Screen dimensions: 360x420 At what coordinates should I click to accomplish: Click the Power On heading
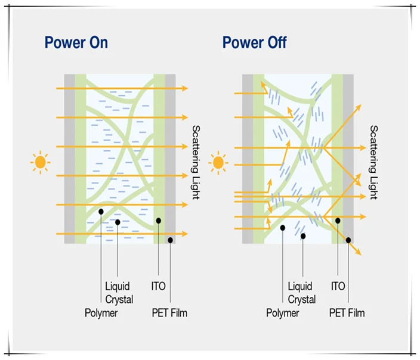click(76, 43)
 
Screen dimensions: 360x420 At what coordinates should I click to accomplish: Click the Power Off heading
click(254, 43)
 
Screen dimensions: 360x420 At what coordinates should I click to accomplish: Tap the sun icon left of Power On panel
click(41, 162)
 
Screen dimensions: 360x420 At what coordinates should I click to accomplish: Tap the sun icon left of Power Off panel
click(218, 162)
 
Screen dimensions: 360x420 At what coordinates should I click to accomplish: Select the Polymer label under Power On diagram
click(101, 313)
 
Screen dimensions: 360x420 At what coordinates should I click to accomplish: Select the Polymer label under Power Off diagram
click(282, 313)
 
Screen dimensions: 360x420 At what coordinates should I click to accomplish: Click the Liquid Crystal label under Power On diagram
click(118, 293)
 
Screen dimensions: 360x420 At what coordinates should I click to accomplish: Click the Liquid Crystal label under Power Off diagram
click(301, 293)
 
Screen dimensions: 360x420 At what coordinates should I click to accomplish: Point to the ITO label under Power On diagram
click(158, 287)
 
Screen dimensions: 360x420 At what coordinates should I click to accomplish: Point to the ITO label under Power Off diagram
click(338, 287)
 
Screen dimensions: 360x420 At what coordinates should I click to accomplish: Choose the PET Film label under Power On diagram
click(169, 313)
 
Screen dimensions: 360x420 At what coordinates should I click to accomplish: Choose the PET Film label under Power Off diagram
click(347, 313)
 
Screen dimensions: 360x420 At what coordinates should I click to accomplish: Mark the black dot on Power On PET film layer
click(171, 240)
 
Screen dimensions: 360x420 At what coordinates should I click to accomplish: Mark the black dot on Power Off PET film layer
click(348, 240)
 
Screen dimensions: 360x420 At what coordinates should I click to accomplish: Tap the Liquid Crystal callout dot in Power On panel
click(118, 222)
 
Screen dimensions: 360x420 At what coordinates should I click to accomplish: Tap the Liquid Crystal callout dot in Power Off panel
click(303, 236)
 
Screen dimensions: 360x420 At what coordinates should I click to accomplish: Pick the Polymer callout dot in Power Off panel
click(282, 227)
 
